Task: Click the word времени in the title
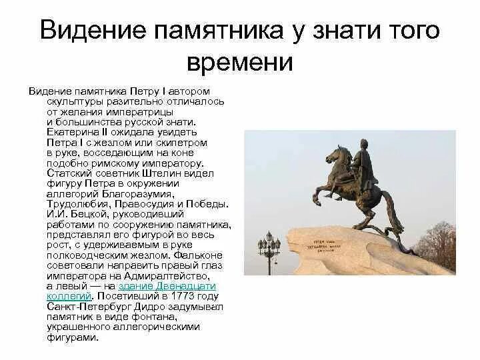240,62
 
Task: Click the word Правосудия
143,204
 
